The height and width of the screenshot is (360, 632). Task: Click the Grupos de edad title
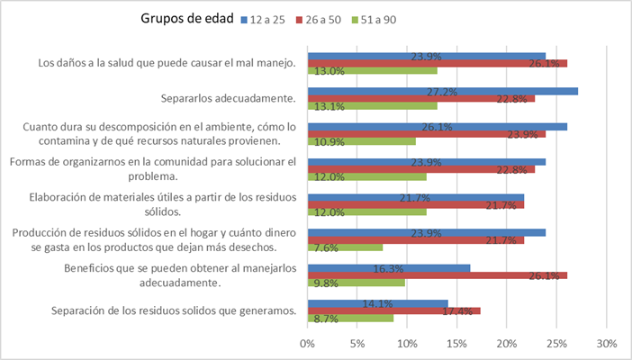click(187, 18)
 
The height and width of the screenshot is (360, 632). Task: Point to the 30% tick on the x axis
click(606, 343)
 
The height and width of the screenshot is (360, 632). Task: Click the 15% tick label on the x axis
click(456, 343)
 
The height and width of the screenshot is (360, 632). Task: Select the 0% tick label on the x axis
click(307, 343)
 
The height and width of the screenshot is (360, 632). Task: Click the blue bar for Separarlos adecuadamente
click(443, 91)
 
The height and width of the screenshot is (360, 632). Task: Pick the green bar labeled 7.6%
click(346, 247)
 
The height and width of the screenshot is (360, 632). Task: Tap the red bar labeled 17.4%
click(394, 310)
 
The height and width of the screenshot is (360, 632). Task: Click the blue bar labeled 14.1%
click(378, 303)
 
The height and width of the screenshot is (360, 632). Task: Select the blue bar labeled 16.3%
click(389, 268)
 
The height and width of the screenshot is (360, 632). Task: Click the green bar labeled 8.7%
click(351, 318)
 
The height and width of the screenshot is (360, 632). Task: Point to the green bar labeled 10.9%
click(362, 141)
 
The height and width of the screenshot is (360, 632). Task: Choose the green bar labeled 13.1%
click(373, 105)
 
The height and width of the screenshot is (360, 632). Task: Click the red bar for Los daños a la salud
click(438, 63)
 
